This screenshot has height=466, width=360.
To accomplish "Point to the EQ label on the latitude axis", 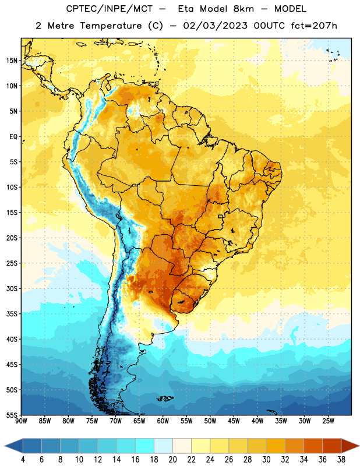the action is (13, 137).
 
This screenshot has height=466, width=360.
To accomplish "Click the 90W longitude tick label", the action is (21, 421).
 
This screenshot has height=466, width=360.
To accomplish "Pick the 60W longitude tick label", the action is (163, 421).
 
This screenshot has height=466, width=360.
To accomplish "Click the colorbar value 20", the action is (172, 460).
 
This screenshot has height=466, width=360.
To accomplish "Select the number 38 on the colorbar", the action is (341, 460).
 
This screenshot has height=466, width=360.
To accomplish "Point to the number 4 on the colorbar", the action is (23, 460).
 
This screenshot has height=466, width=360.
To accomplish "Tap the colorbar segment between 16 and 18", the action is (145, 446).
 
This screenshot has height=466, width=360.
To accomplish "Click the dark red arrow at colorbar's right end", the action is (350, 446).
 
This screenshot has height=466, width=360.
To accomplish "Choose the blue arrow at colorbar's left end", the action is (14, 446).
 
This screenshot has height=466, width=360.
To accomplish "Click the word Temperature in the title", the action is (111, 26).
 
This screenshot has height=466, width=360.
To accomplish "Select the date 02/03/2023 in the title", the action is (215, 26).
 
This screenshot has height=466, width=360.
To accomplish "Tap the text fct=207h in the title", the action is (314, 26).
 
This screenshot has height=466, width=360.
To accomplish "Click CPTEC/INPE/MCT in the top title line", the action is (109, 9).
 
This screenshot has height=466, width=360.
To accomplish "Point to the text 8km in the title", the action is (243, 9).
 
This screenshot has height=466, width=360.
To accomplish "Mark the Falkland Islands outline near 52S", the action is (165, 398).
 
